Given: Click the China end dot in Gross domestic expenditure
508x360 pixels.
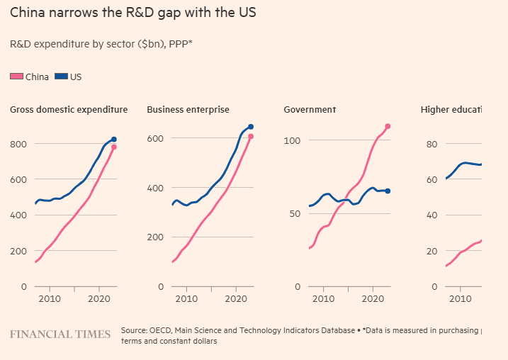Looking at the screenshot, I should (113, 147).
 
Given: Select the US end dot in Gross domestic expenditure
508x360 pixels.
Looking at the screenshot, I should (114, 140).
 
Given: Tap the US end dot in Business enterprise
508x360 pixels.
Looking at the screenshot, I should (251, 127).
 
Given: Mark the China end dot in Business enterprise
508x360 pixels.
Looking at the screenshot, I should (251, 137).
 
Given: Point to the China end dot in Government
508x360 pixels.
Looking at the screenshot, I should (388, 126).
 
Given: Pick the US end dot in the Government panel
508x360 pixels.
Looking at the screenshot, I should (388, 191).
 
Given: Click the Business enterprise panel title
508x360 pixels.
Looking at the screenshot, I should (188, 110).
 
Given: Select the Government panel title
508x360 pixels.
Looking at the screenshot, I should (310, 110).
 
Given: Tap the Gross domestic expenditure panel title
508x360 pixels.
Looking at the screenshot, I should (69, 110).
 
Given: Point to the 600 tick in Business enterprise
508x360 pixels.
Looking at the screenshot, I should (155, 137).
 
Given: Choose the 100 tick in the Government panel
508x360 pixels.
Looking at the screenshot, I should (292, 140).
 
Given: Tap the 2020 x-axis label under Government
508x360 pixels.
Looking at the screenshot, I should (373, 300).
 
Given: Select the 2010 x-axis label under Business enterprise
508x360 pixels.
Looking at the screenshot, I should (186, 300).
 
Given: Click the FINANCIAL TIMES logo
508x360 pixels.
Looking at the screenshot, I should (60, 334).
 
